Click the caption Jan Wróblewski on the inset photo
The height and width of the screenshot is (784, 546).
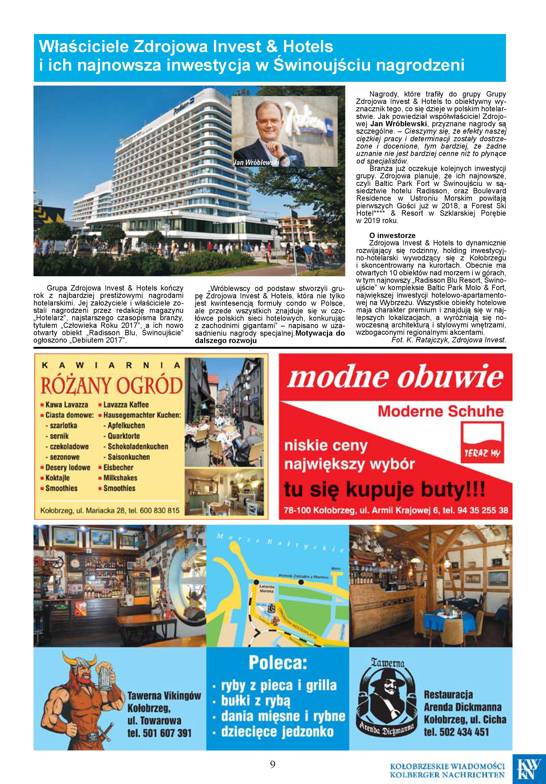click(x=256, y=162)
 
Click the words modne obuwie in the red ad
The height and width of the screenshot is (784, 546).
click(x=395, y=377)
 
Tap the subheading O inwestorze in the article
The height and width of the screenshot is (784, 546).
click(x=392, y=235)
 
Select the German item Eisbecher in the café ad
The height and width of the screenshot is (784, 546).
click(x=118, y=468)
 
